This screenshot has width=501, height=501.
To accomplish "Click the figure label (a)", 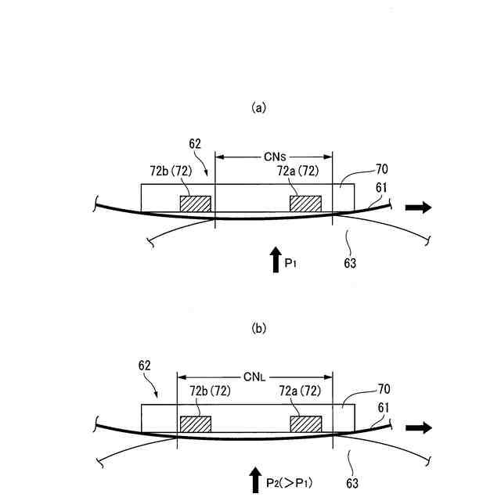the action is [259, 108].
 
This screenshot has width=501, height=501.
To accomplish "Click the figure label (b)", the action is [259, 329].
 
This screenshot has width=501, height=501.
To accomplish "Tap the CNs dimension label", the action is [274, 157].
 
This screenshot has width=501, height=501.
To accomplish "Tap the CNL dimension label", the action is [255, 378].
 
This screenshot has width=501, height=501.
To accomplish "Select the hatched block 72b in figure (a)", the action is [196, 204].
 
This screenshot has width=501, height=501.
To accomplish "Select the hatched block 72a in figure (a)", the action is [305, 204].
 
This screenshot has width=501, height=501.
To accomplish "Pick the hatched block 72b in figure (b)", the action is [196, 424].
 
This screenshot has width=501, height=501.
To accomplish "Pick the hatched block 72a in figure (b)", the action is [305, 424].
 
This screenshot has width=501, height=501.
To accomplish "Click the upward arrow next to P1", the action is [276, 259].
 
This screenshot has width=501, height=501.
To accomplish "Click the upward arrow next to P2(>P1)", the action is [256, 479].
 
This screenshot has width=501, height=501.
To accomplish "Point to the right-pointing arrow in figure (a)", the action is [418, 207].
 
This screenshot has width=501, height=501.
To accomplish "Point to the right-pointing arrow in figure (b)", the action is [418, 427].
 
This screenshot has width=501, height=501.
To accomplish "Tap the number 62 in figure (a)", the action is [196, 144].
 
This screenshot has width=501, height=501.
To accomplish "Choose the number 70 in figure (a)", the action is [360, 168].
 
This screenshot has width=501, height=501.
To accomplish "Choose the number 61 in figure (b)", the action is [383, 407].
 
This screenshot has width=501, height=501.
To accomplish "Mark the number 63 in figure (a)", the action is [349, 263].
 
